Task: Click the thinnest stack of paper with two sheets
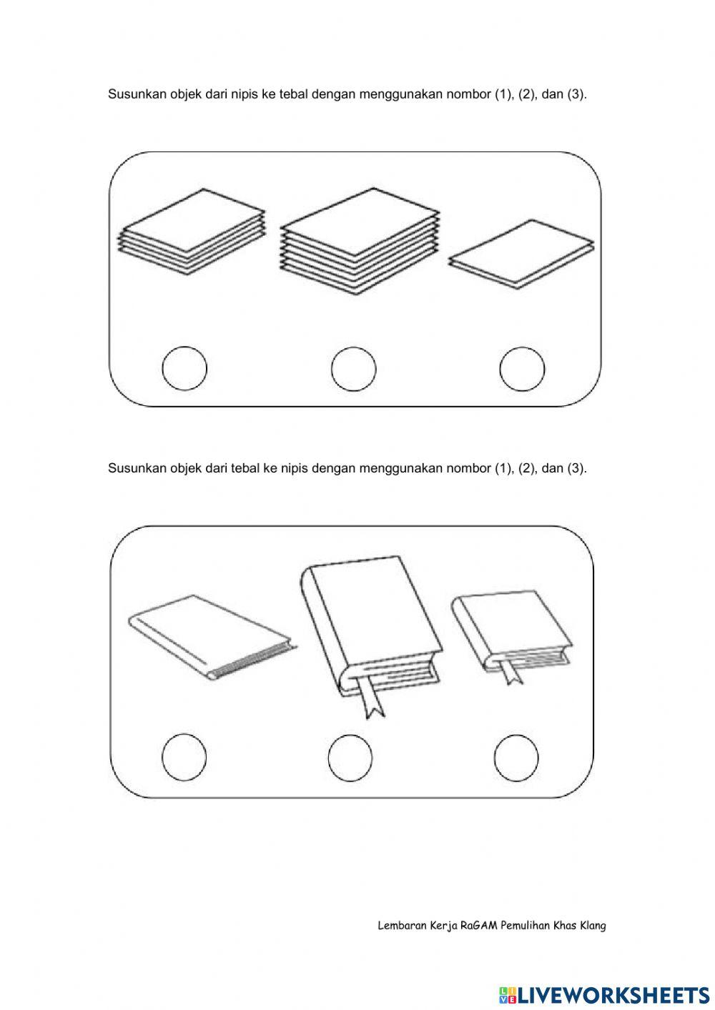pos(521,254)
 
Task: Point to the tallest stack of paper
pos(360,241)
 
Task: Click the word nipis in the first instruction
pos(244,94)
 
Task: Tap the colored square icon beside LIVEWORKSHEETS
pos(504,992)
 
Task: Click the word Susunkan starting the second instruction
pos(137,468)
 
